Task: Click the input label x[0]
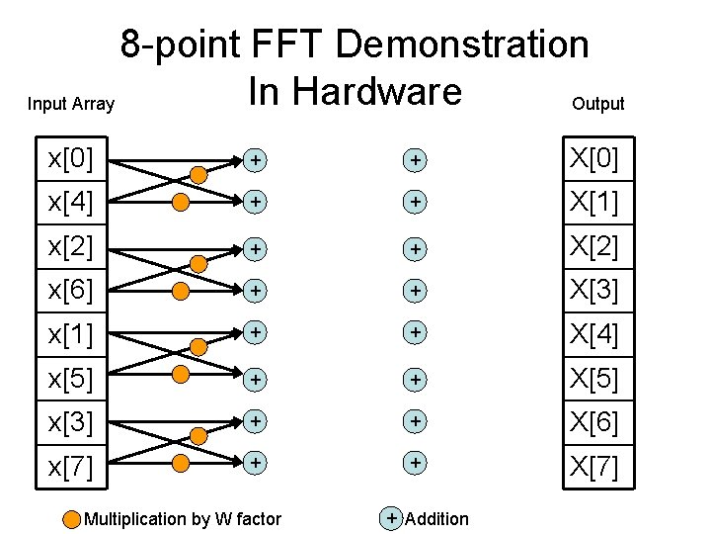tap(70, 158)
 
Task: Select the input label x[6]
tap(70, 291)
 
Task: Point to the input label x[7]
tap(70, 466)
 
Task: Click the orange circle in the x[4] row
tap(181, 203)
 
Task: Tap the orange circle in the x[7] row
tap(181, 462)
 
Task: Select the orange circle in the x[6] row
tap(181, 290)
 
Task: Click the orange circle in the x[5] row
tap(181, 375)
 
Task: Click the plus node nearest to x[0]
tap(256, 159)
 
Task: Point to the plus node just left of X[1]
tap(416, 202)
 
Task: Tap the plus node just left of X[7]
tap(416, 462)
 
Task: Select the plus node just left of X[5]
tap(416, 378)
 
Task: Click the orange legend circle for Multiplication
tap(72, 519)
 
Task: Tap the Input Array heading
tap(71, 104)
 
